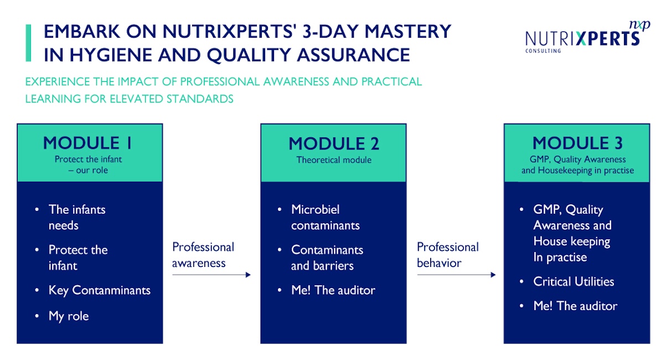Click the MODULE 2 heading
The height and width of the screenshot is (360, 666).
pyautogui.click(x=334, y=144)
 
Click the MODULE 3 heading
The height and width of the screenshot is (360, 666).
pyautogui.click(x=577, y=143)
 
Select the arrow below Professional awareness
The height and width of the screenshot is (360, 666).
pyautogui.click(x=211, y=275)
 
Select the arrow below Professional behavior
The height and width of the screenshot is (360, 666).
pyautogui.click(x=456, y=275)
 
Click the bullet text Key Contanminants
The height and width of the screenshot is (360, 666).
pyautogui.click(x=99, y=290)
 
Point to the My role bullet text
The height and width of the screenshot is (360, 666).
pyautogui.click(x=69, y=316)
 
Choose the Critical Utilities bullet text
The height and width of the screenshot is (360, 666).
pyautogui.click(x=574, y=281)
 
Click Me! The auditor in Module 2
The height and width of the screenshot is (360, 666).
pyautogui.click(x=333, y=290)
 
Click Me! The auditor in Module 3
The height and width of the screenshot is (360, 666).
pyautogui.click(x=575, y=306)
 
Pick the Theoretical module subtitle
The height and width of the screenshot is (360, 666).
pyautogui.click(x=334, y=160)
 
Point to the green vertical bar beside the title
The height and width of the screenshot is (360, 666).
pyautogui.click(x=29, y=43)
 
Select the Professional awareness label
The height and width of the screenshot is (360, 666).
pyautogui.click(x=203, y=255)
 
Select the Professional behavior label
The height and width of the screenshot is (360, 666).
pyautogui.click(x=447, y=255)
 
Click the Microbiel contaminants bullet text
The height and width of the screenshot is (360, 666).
pyautogui.click(x=325, y=218)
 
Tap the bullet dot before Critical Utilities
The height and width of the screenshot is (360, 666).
pyautogui.click(x=522, y=282)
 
